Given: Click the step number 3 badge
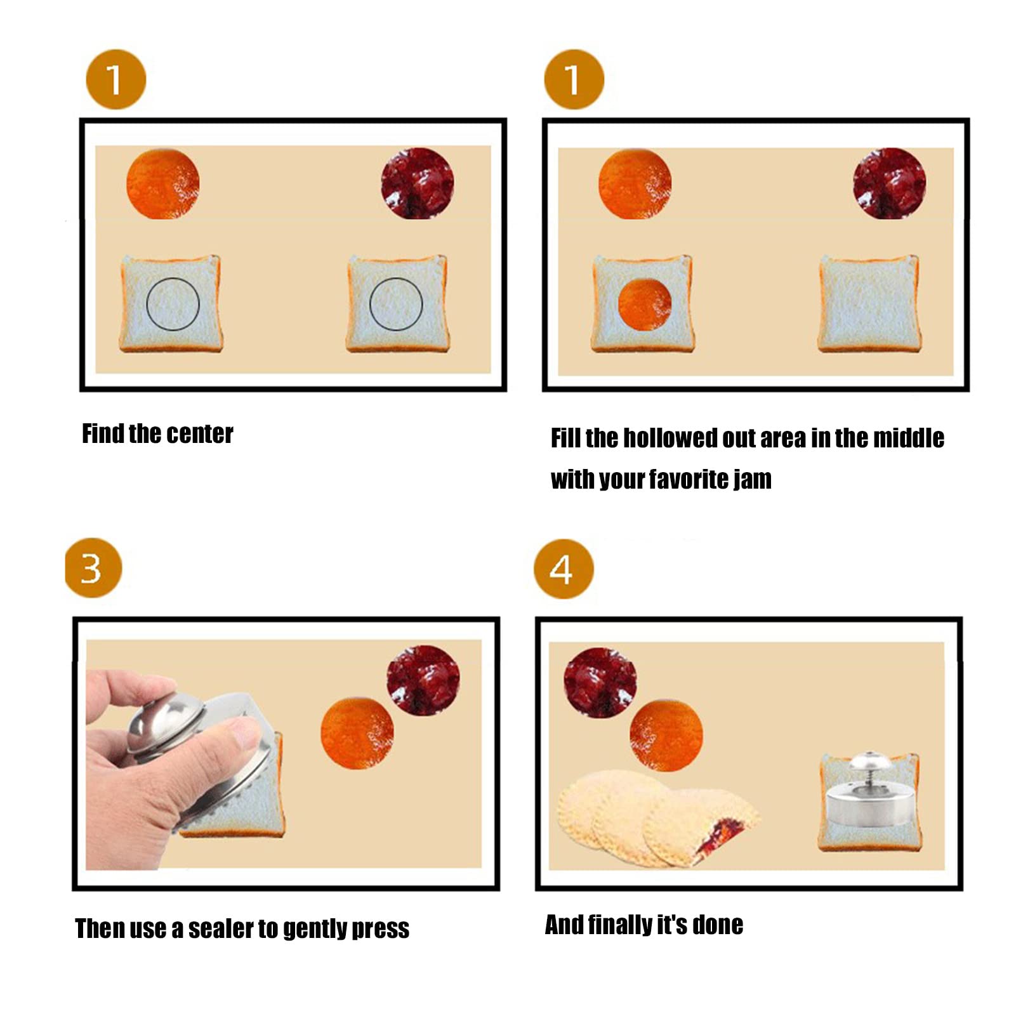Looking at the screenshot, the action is (93, 568).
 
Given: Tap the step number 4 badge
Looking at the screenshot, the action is (563, 569).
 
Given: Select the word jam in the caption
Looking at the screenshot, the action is (753, 479).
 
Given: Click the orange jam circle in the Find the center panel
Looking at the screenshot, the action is (163, 184).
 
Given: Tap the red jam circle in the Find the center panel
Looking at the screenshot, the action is (417, 183).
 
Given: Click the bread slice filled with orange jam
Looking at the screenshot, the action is (642, 303).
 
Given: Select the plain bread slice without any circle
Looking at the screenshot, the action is (869, 303).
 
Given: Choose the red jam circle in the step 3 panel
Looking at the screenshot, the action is (423, 680).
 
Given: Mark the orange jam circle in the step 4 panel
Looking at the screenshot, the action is (666, 735).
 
